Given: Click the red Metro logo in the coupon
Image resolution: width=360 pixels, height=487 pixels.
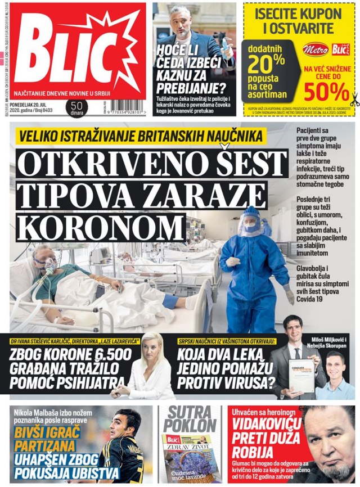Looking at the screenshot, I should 315,49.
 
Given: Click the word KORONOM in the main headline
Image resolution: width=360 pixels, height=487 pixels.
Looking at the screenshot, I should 97,227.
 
